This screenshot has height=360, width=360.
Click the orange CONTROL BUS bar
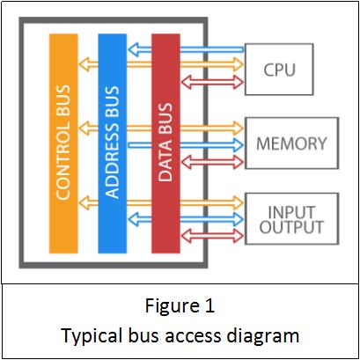(63, 143)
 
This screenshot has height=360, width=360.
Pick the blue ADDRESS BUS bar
(113, 143)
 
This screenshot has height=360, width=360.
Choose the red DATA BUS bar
(165, 143)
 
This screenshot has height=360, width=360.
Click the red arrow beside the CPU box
(212, 82)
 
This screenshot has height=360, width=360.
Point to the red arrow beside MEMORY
(212, 162)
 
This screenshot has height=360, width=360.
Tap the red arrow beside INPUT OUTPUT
(212, 236)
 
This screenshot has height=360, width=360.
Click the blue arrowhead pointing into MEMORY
(239, 145)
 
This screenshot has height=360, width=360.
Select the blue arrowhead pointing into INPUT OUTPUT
(239, 219)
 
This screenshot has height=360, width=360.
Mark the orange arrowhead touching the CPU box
(239, 64)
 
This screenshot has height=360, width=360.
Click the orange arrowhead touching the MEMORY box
(239, 129)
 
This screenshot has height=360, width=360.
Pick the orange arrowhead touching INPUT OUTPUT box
(239, 202)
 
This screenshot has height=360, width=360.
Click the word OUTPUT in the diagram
(291, 227)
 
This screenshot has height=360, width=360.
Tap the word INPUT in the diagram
(291, 212)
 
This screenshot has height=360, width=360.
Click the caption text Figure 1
(180, 305)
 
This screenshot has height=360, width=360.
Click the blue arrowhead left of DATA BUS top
(134, 49)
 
